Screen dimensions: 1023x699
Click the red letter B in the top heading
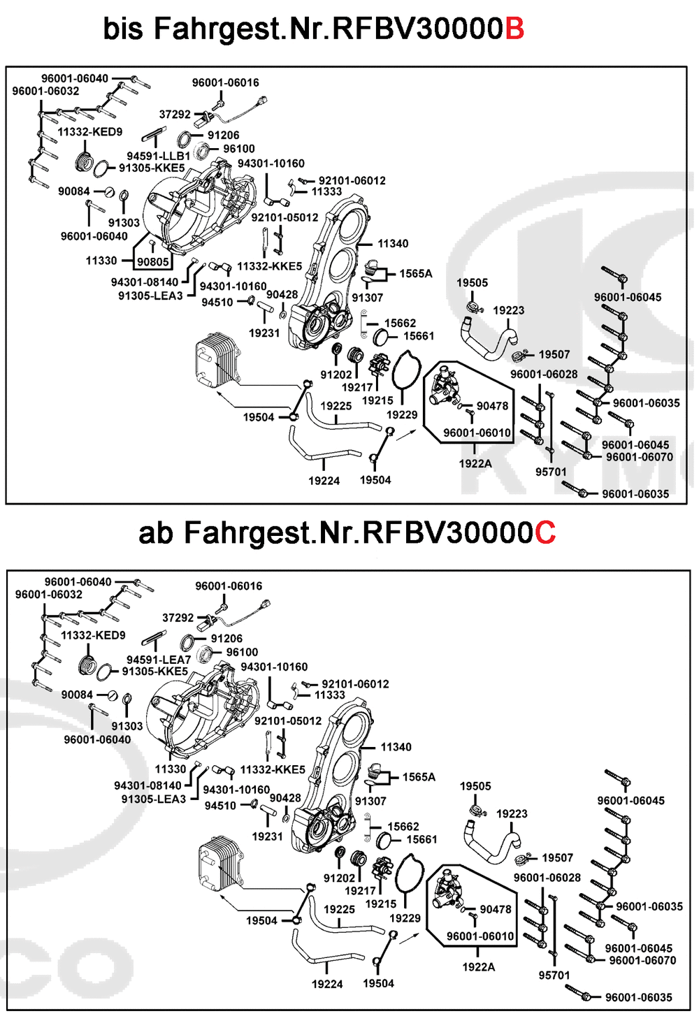(514, 29)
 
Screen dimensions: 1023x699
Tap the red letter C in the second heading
(545, 533)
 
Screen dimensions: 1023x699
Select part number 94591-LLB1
(159, 156)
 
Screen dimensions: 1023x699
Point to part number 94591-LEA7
(159, 660)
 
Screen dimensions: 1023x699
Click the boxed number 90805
(153, 262)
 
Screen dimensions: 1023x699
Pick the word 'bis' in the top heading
(123, 29)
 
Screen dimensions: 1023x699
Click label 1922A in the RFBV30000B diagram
(475, 463)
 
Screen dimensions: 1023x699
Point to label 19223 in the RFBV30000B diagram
(508, 310)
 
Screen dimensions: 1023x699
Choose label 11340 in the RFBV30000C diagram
(396, 747)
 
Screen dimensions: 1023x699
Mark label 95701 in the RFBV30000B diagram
(551, 472)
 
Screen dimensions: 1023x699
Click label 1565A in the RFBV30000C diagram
(419, 777)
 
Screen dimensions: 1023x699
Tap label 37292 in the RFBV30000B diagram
(175, 115)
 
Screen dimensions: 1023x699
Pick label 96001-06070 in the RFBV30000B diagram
(639, 457)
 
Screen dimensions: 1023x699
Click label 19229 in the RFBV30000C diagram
(405, 918)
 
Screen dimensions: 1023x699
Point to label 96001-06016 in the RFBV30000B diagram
(225, 82)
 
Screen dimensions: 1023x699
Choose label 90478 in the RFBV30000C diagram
(496, 909)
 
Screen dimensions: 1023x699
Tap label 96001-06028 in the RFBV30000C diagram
(547, 878)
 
